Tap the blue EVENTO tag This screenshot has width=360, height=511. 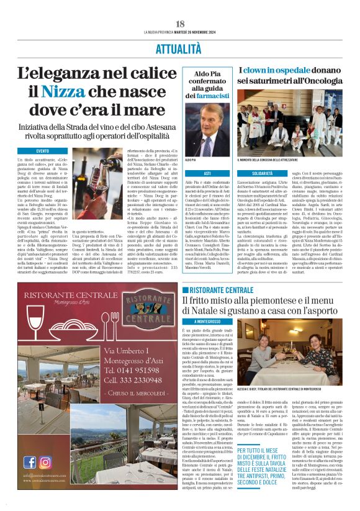(x=43, y=151)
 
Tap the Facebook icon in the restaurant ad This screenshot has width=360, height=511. (x=30, y=462)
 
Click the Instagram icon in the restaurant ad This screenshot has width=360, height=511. (x=45, y=462)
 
